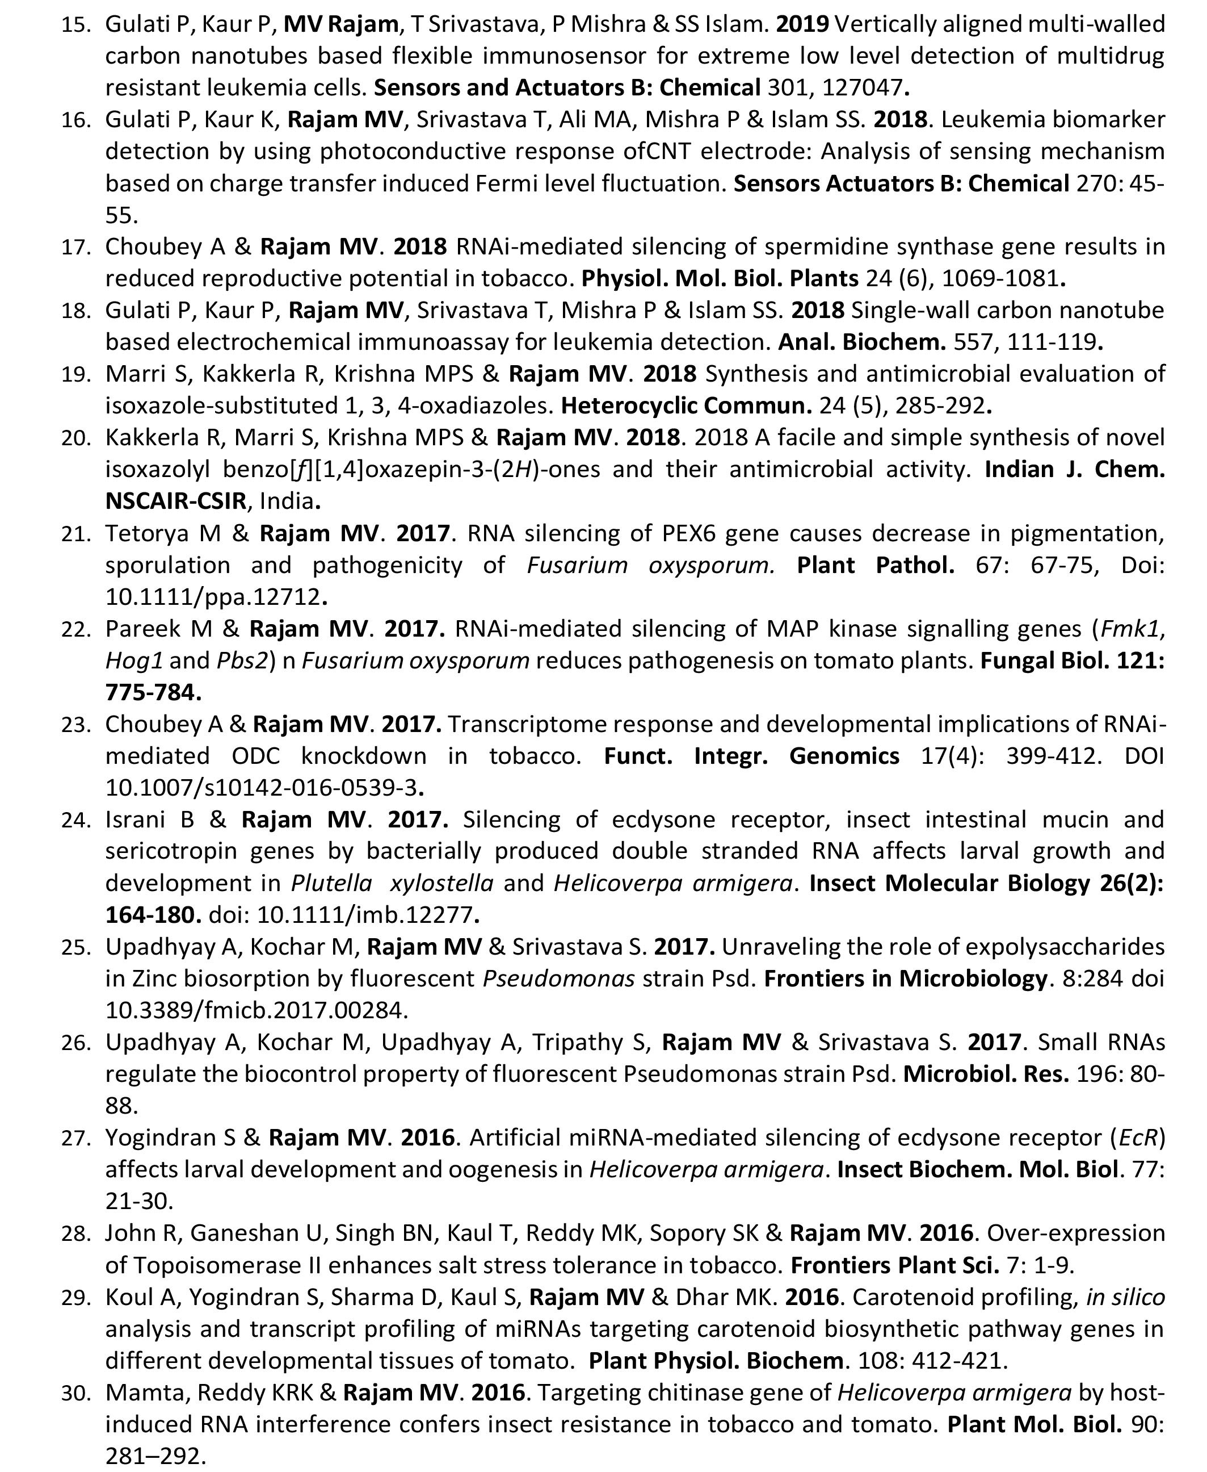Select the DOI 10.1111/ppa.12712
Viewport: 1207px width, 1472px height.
click(213, 596)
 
